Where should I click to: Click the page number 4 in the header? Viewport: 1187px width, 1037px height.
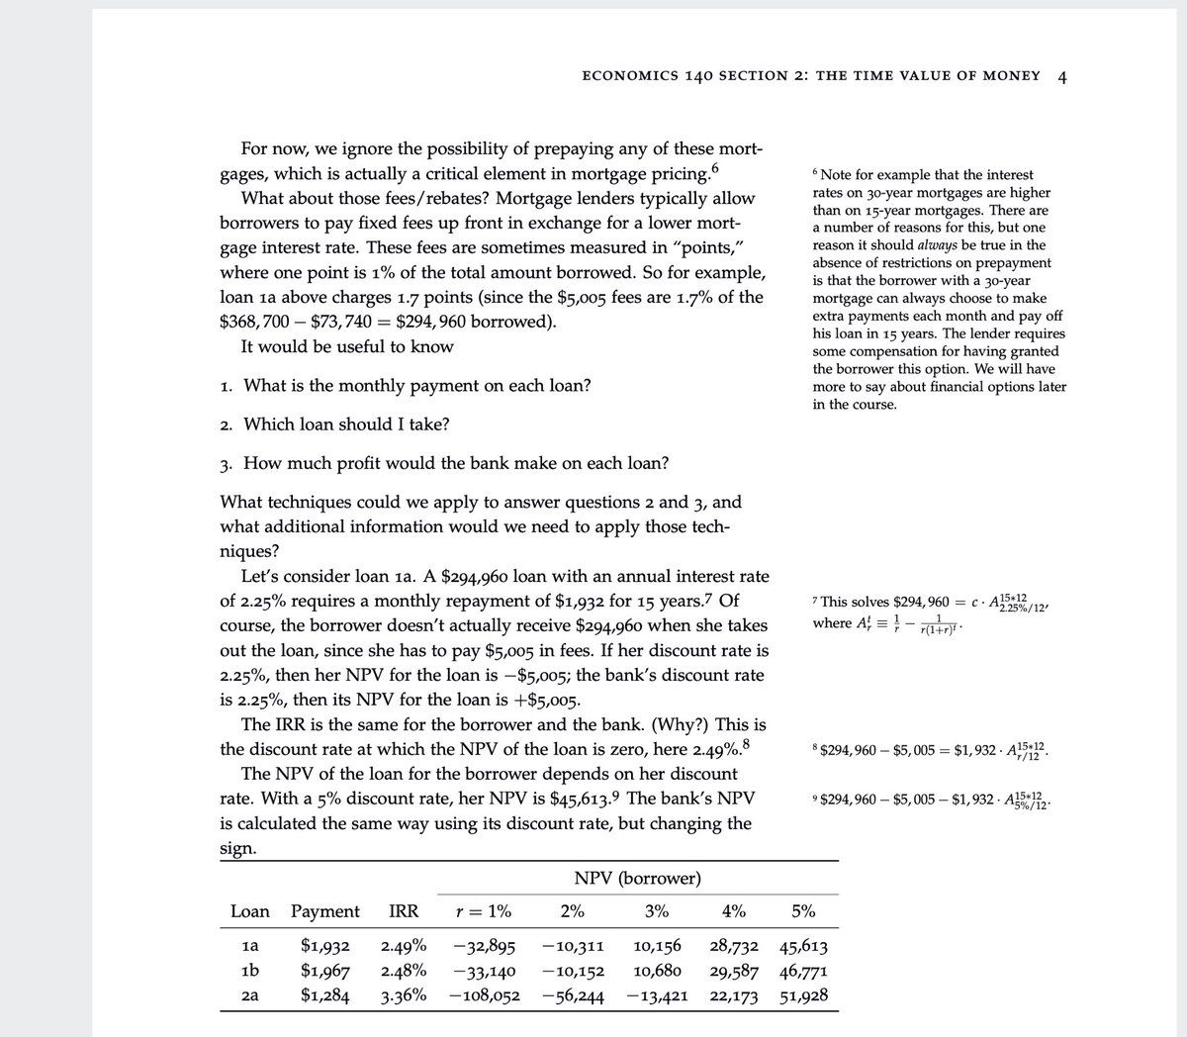pyautogui.click(x=1061, y=75)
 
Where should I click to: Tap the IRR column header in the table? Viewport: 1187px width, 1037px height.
pyautogui.click(x=403, y=911)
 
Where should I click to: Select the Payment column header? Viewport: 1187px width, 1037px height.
pyautogui.click(x=324, y=911)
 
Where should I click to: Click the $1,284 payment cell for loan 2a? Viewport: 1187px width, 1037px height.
pyautogui.click(x=324, y=995)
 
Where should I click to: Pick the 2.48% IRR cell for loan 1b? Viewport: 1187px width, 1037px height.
pyautogui.click(x=404, y=970)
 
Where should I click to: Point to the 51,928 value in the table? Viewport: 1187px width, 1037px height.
pyautogui.click(x=803, y=995)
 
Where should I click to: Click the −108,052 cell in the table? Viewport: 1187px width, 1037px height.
pyautogui.click(x=484, y=995)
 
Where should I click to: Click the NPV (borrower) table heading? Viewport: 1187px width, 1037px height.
pyautogui.click(x=637, y=878)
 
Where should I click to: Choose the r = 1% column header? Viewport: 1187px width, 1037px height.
pyautogui.click(x=483, y=911)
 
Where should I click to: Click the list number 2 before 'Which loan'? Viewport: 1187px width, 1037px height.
pyautogui.click(x=226, y=425)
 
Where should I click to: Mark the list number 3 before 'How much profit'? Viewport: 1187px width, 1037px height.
pyautogui.click(x=226, y=464)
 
